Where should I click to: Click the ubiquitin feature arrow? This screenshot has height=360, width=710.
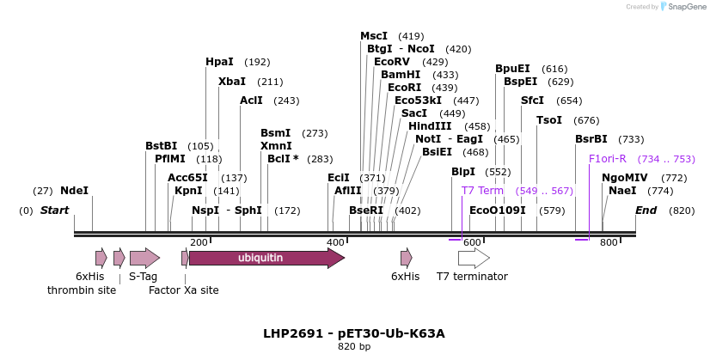(266, 258)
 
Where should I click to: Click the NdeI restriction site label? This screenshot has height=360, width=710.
(74, 191)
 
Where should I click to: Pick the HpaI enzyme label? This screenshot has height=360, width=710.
(219, 62)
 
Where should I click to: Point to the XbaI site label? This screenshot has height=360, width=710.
(232, 82)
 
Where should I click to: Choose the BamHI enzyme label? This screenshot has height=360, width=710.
(401, 75)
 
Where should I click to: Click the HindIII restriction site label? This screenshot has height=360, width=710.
(430, 126)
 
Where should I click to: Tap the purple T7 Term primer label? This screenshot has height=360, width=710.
(482, 191)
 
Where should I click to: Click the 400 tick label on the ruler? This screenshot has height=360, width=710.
(335, 243)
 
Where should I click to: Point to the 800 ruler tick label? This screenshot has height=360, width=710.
(609, 243)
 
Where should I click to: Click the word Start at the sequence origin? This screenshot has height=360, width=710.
(54, 211)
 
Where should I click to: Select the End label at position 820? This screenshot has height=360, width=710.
(646, 211)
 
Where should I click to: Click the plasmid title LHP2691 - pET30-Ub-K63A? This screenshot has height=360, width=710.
(354, 333)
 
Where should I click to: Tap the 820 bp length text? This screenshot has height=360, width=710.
(354, 347)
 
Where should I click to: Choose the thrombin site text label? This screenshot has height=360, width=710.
(82, 290)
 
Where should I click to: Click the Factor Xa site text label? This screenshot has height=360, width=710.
(184, 290)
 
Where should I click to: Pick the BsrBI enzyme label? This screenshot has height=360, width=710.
(591, 139)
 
